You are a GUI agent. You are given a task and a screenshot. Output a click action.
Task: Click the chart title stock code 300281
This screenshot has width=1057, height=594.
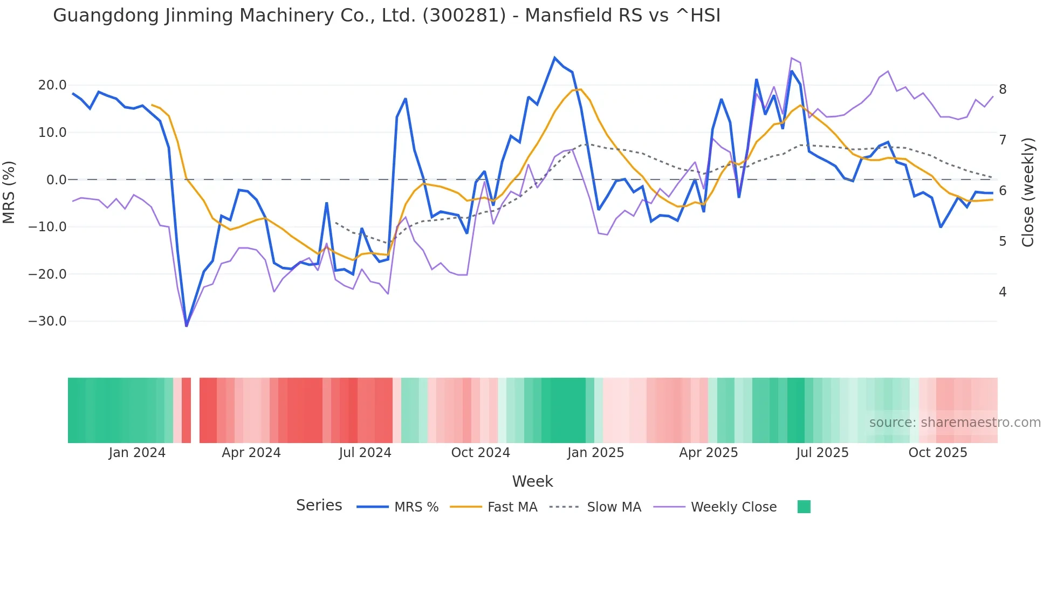tap(464, 16)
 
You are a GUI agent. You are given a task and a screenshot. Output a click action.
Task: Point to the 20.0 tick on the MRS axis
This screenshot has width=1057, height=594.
tap(52, 85)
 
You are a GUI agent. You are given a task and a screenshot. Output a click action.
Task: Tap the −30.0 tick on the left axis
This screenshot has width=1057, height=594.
tap(47, 321)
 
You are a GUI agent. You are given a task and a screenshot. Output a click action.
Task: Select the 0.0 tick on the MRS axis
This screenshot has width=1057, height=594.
tap(56, 180)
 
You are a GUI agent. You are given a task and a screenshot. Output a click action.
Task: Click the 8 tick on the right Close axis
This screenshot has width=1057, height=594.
tap(1003, 89)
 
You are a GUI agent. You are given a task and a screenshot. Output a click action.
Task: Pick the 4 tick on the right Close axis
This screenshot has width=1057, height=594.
tap(1003, 292)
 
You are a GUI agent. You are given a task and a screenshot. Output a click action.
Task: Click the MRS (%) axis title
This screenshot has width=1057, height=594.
tap(9, 192)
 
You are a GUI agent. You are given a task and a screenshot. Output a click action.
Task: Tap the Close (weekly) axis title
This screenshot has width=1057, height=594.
tap(1028, 192)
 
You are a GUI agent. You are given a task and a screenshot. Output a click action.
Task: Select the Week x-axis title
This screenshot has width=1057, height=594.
tap(532, 481)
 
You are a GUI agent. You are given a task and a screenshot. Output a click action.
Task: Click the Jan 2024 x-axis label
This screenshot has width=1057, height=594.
tap(137, 453)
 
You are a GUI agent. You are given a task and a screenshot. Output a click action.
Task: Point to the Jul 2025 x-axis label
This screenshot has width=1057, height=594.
tap(822, 453)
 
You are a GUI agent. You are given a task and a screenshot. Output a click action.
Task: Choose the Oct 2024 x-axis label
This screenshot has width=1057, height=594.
tap(481, 453)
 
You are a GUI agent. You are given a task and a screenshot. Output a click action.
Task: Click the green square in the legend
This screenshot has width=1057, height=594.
tap(804, 507)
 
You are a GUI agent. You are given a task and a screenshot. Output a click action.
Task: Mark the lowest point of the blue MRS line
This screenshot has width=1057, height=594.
tap(187, 326)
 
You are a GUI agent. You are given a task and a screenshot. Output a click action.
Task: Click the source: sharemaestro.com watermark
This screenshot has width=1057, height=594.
tap(955, 423)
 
